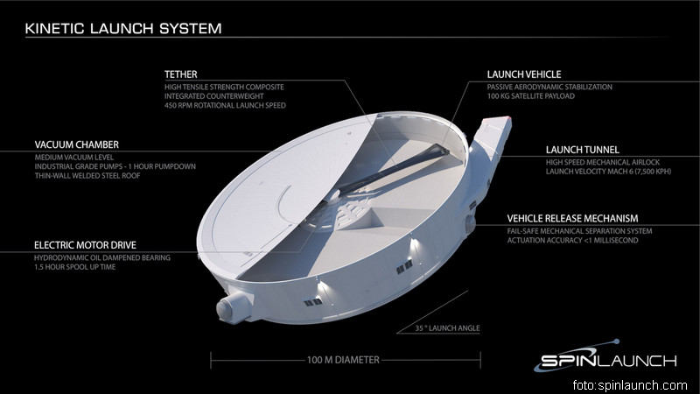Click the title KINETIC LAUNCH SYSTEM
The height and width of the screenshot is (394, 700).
coord(122,29)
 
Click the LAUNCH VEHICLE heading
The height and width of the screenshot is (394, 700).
coord(524,74)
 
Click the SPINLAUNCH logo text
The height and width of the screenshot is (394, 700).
coord(607,360)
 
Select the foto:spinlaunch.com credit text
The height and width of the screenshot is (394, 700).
coord(630,385)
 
